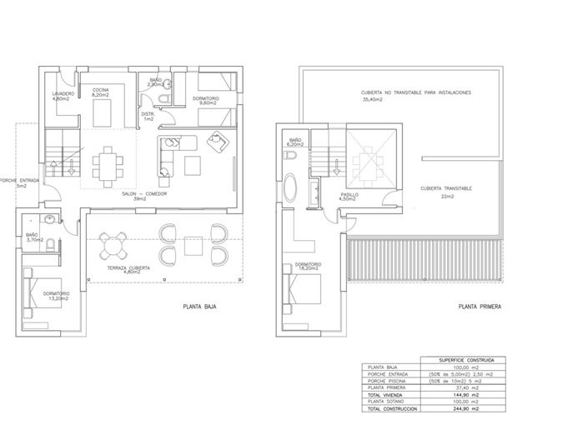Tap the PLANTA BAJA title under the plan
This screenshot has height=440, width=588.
199,307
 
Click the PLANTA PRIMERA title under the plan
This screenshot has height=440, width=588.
480,307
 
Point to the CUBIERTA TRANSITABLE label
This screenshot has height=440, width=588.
447,188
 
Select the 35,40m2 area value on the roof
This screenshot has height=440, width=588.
372,100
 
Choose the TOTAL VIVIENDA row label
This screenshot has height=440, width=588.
386,395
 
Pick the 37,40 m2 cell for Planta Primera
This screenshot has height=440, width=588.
466,388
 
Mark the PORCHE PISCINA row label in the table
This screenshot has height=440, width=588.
388,381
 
